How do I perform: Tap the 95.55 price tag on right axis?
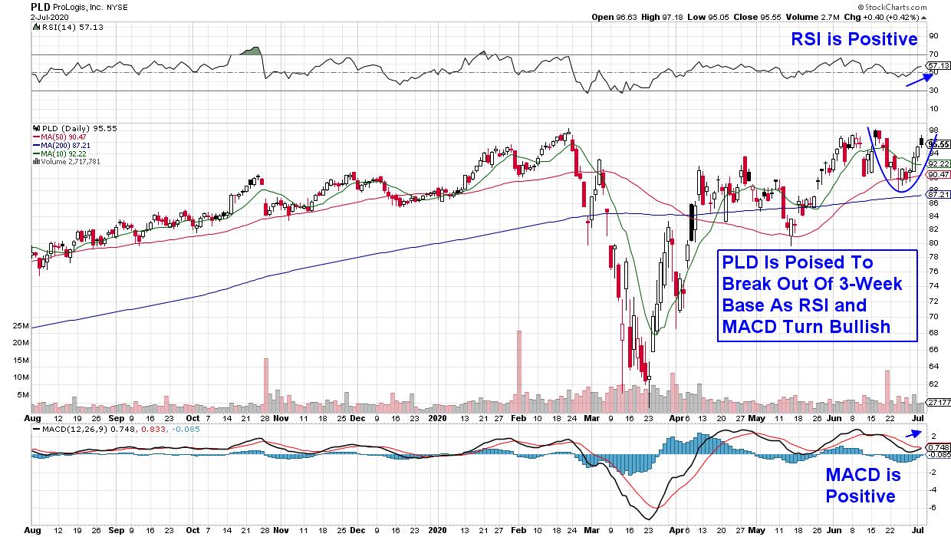938,143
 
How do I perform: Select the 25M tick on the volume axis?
21,327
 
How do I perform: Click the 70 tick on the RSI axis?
933,54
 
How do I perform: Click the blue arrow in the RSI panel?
918,80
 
